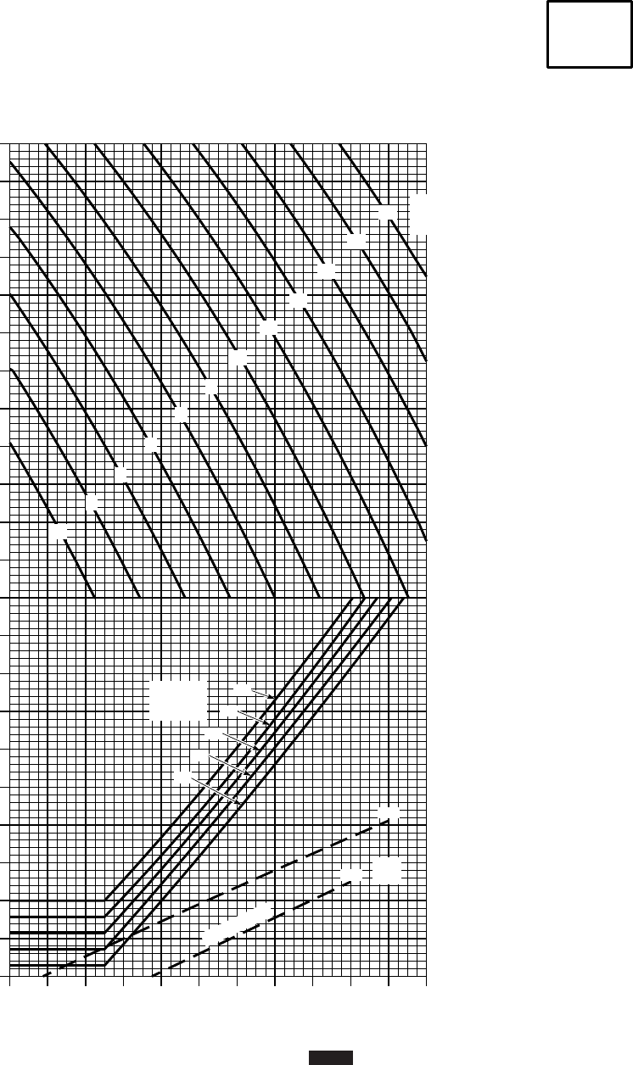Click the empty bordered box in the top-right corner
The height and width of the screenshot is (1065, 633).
coord(589,34)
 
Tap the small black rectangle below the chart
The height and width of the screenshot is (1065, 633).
coord(330,1057)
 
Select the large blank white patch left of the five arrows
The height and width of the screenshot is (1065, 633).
coord(178,700)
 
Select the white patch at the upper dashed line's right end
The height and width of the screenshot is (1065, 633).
coord(389,813)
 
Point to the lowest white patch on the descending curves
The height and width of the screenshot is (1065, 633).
coord(59,532)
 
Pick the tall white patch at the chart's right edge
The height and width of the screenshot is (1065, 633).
coord(420,215)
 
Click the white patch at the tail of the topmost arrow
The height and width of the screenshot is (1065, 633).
coord(243,689)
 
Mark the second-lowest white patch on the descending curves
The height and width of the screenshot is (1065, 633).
coord(91,502)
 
